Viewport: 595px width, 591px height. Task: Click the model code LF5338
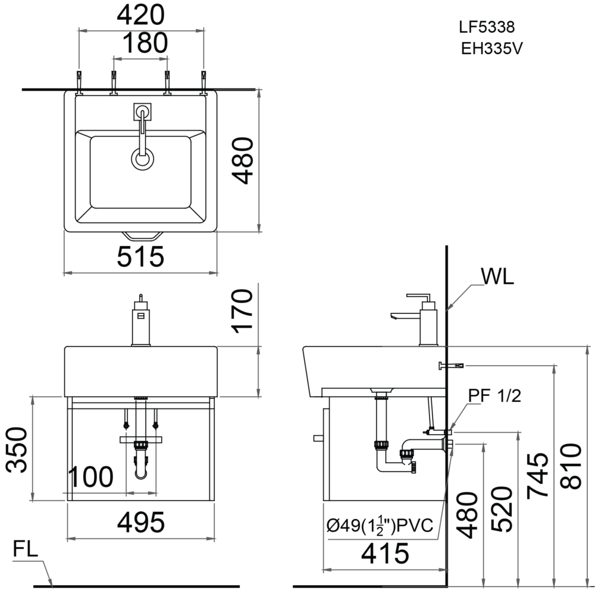(x=486, y=27)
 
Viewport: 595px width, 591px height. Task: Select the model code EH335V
(x=491, y=49)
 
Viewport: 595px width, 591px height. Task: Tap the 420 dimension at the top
(x=141, y=15)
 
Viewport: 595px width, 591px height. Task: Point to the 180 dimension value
(x=141, y=43)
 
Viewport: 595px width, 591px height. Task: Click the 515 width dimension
(x=140, y=257)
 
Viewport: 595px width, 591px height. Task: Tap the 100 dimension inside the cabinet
(x=90, y=477)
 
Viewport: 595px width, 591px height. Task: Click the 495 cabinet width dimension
(x=140, y=523)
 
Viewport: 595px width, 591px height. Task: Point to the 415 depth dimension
(x=385, y=553)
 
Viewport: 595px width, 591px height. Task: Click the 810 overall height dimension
(x=571, y=467)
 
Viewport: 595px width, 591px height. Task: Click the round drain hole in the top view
(x=142, y=159)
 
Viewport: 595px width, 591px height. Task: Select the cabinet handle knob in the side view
(x=318, y=439)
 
